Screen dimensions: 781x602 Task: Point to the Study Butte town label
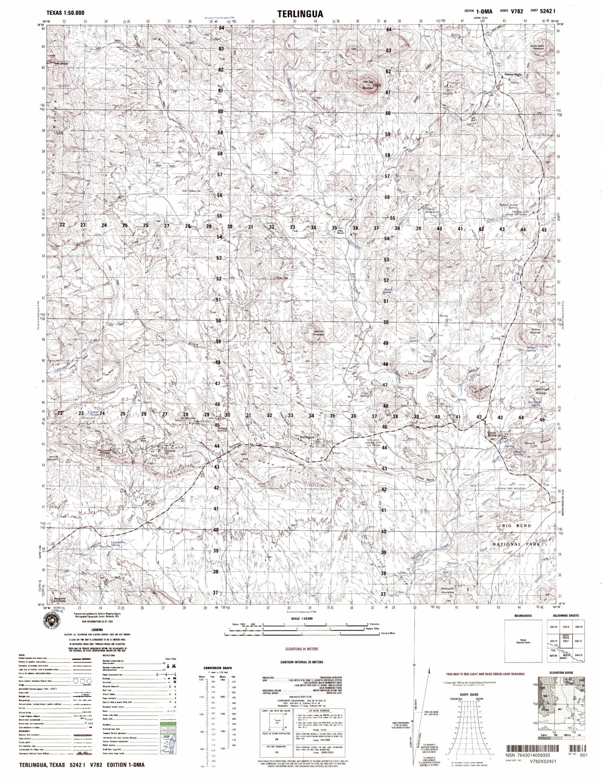493,434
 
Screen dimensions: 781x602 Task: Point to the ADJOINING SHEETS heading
567,616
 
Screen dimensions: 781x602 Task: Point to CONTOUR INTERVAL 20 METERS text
299,661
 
